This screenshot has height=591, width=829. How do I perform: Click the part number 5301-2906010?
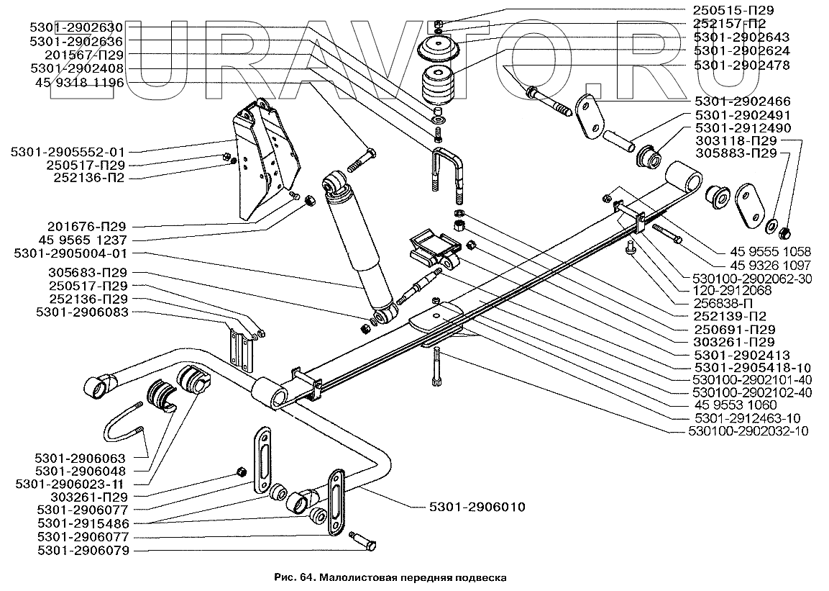click(x=477, y=507)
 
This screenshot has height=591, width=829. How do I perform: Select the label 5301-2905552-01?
click(x=68, y=152)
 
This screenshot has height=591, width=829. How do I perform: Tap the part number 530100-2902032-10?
click(x=748, y=431)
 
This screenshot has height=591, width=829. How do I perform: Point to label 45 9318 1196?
click(x=79, y=82)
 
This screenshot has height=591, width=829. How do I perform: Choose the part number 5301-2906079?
click(x=83, y=550)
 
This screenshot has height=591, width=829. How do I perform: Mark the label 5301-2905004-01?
click(x=71, y=253)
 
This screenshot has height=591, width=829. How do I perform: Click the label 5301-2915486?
click(x=83, y=523)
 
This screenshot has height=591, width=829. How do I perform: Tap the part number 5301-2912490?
click(x=743, y=128)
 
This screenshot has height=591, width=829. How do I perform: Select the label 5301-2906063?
click(x=81, y=458)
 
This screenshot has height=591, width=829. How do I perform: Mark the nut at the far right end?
click(x=785, y=232)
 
